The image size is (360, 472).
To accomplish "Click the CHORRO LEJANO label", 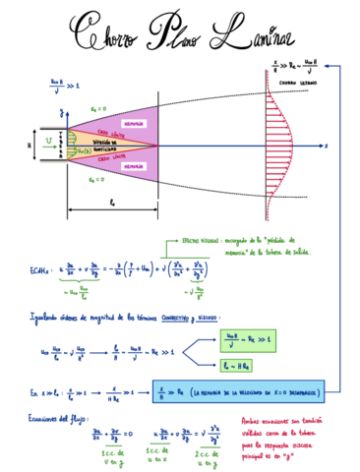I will point(296,85).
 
